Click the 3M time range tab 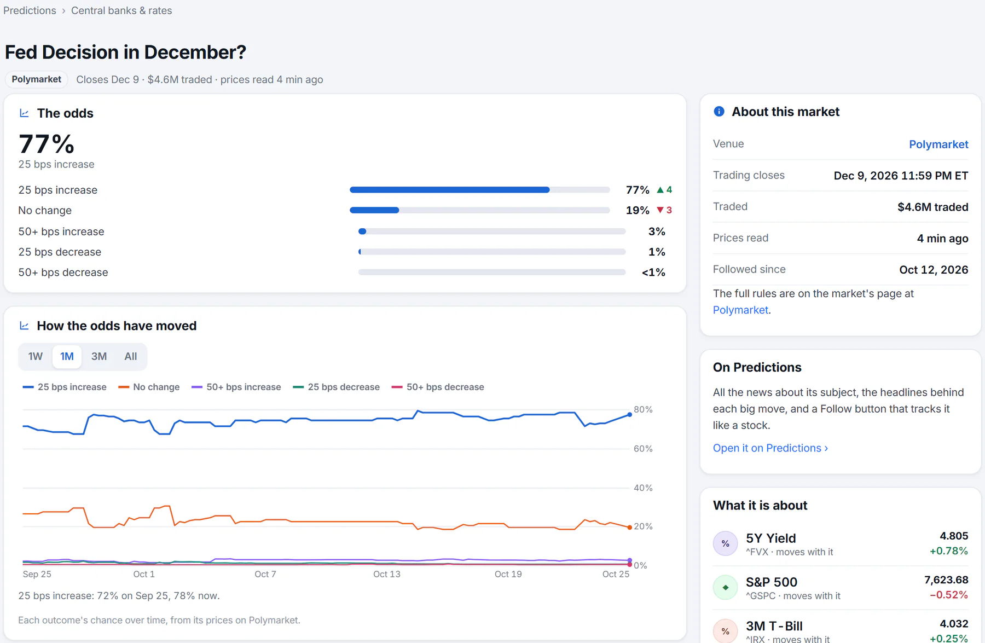pyautogui.click(x=99, y=356)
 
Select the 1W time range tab pyautogui.click(x=36, y=356)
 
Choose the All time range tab pyautogui.click(x=131, y=356)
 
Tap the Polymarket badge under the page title pyautogui.click(x=37, y=79)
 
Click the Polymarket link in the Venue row pyautogui.click(x=938, y=144)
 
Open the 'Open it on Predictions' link pyautogui.click(x=770, y=448)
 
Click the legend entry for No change pyautogui.click(x=149, y=387)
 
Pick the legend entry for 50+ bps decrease pyautogui.click(x=438, y=387)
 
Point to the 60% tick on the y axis pyautogui.click(x=643, y=449)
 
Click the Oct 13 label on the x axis pyautogui.click(x=387, y=574)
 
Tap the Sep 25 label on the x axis pyautogui.click(x=37, y=574)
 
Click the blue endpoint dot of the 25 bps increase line pyautogui.click(x=630, y=415)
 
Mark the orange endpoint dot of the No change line pyautogui.click(x=630, y=528)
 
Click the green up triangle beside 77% pyautogui.click(x=660, y=190)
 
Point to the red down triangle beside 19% pyautogui.click(x=660, y=210)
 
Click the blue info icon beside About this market pyautogui.click(x=719, y=112)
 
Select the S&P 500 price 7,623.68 pyautogui.click(x=946, y=580)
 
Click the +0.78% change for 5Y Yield pyautogui.click(x=949, y=551)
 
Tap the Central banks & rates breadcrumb pyautogui.click(x=121, y=10)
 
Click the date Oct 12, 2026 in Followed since pyautogui.click(x=934, y=270)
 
